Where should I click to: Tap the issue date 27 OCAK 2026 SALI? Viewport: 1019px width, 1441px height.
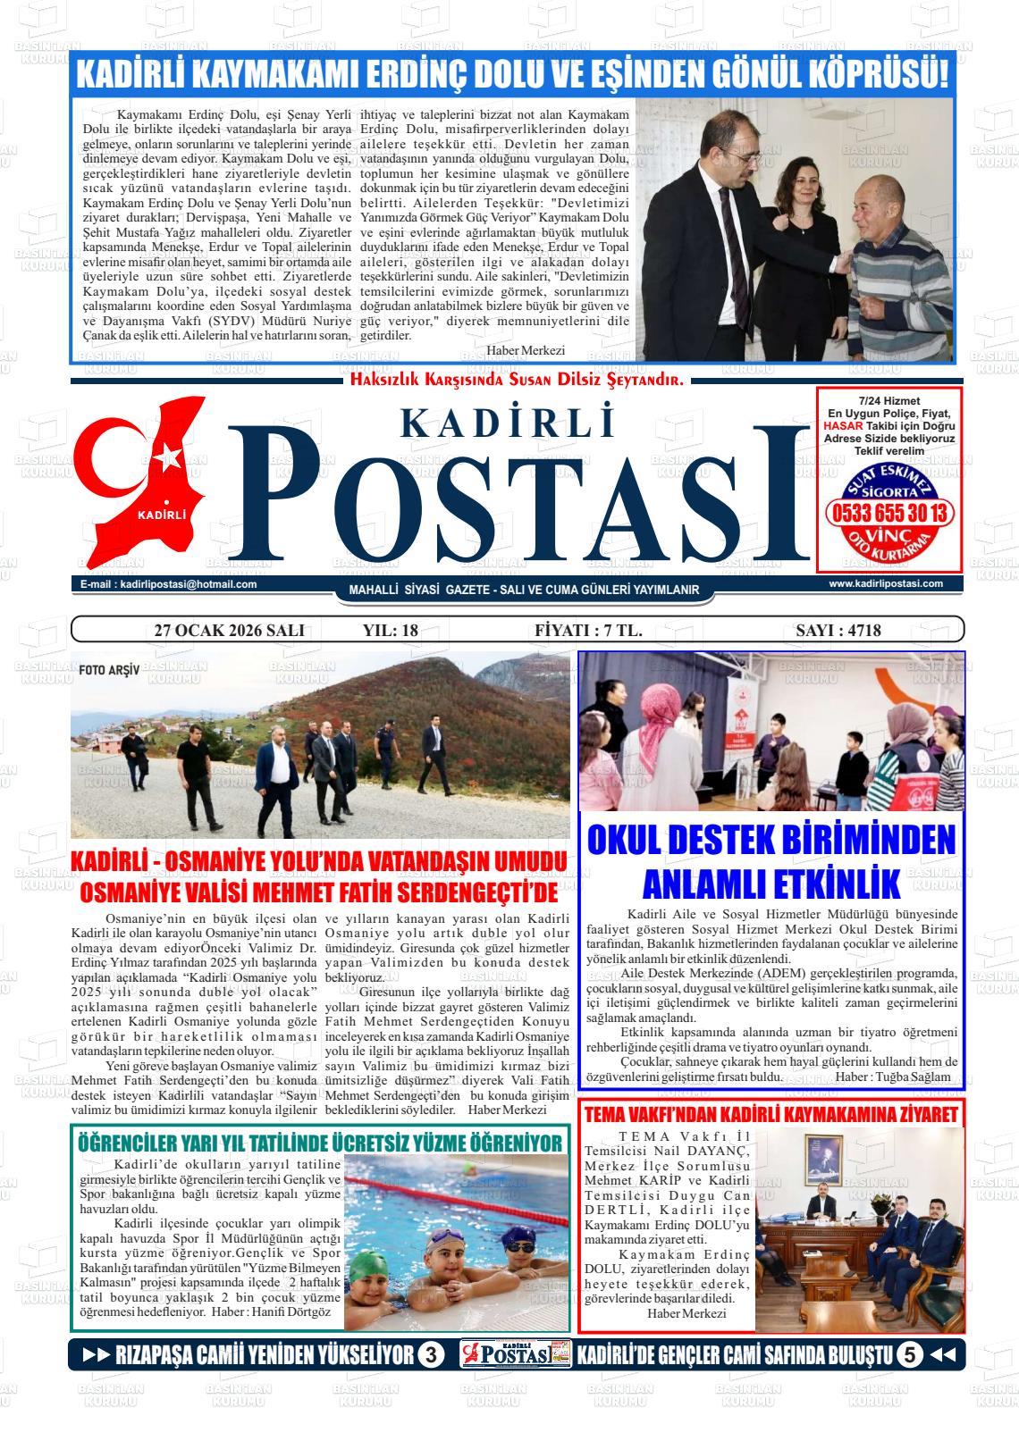pyautogui.click(x=230, y=631)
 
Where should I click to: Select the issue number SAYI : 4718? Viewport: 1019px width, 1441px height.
pyautogui.click(x=838, y=631)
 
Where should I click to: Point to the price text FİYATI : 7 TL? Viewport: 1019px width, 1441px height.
pyautogui.click(x=587, y=631)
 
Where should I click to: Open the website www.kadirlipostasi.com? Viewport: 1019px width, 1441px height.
pyautogui.click(x=886, y=583)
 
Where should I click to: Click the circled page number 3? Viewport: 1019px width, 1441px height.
pyautogui.click(x=430, y=1355)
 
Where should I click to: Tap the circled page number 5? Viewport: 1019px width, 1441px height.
pyautogui.click(x=909, y=1355)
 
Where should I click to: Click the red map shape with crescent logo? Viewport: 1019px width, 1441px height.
pyautogui.click(x=143, y=482)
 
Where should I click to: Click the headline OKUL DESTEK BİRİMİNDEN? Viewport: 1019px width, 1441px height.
pyautogui.click(x=771, y=841)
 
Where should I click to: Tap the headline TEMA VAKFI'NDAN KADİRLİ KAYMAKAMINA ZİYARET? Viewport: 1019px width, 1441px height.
pyautogui.click(x=771, y=1114)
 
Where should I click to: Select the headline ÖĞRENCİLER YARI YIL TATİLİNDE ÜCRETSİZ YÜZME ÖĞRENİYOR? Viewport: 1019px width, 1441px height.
pyautogui.click(x=320, y=1143)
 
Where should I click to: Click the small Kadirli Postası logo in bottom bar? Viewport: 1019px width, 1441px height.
pyautogui.click(x=516, y=1355)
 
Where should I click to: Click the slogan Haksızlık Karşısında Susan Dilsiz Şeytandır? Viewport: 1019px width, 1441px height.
pyautogui.click(x=517, y=380)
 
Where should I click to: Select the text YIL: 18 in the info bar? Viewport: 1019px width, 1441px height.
pyautogui.click(x=391, y=631)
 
